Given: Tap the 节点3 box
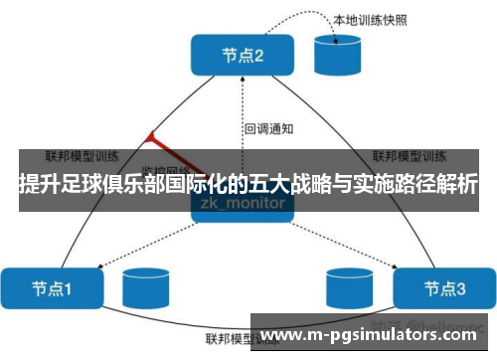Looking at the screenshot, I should coord(444,288).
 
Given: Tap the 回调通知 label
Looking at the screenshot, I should coord(268,128).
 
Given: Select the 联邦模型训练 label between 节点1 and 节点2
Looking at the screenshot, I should coord(83,156).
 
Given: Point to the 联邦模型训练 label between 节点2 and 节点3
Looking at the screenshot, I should coord(407,156).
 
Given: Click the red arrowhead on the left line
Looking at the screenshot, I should coord(150,136).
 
